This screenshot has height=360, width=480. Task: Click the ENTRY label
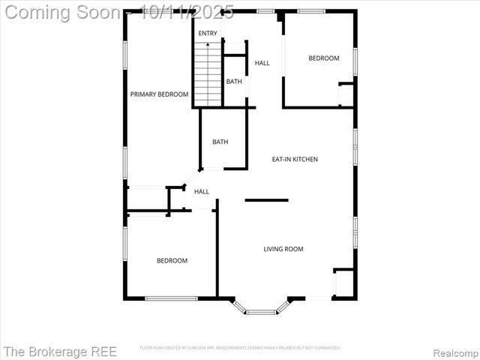[208, 34]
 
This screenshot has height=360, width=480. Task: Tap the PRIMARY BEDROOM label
[159, 94]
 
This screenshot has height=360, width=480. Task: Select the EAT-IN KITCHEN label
[295, 159]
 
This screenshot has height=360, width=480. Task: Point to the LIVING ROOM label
[283, 249]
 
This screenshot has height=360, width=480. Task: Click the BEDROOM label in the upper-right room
[324, 58]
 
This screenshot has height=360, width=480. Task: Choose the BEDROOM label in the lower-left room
[172, 261]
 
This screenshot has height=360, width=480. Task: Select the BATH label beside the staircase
[234, 82]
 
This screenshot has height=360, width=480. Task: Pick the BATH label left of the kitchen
[220, 142]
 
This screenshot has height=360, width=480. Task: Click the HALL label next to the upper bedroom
[262, 63]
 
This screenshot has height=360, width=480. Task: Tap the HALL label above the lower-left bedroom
[202, 192]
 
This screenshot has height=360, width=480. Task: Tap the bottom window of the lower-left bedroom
[171, 298]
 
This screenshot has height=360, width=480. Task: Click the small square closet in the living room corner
[343, 283]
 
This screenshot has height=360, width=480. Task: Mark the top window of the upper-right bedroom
[310, 11]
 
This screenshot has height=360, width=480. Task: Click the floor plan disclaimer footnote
[240, 348]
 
